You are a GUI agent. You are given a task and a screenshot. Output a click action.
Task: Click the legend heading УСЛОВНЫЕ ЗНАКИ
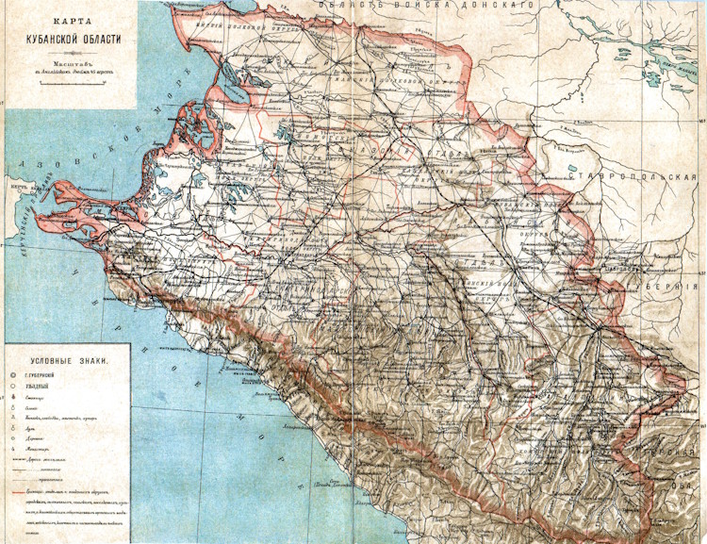click(x=67, y=361)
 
